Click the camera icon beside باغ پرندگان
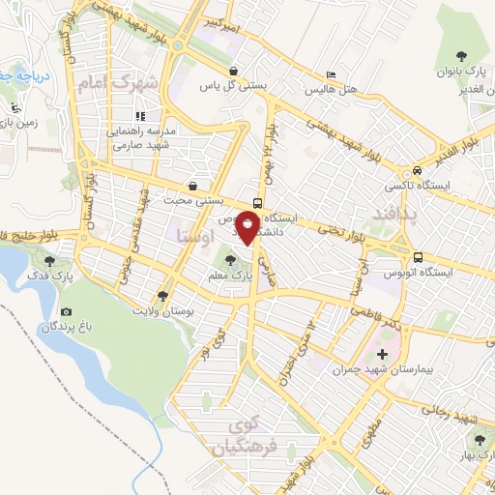point(66,311)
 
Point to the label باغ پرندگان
point(61,328)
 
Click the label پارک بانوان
point(458,73)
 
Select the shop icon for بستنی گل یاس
point(234,71)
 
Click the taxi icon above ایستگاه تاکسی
point(417,166)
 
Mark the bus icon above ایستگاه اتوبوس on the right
point(418,257)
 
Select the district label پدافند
point(397,214)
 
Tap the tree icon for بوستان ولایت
point(161,296)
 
